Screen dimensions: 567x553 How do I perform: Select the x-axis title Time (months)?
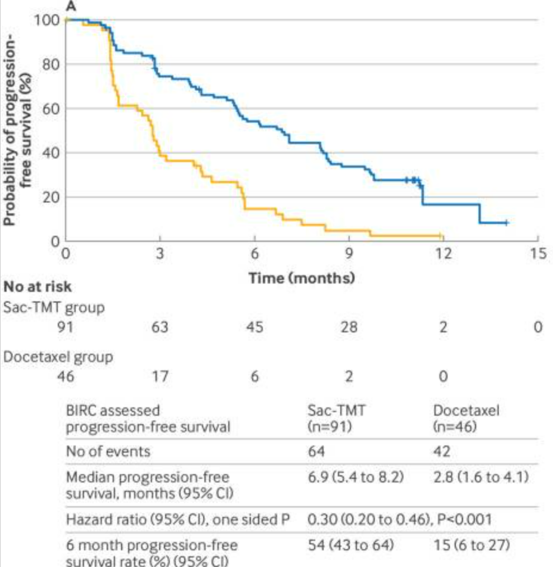[x=302, y=278]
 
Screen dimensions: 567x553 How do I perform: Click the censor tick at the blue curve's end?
[x=506, y=223]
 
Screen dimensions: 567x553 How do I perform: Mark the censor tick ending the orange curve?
[x=440, y=235]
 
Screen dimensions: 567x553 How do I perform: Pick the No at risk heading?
[x=38, y=287]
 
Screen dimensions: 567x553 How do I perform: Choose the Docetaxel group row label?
[x=58, y=357]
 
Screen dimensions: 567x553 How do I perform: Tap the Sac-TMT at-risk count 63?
[x=160, y=327]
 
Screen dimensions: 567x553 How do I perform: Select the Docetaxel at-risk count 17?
[x=160, y=377]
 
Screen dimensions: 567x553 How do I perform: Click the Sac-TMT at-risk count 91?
[x=65, y=327]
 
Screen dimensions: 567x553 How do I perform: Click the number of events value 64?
[x=316, y=451]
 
